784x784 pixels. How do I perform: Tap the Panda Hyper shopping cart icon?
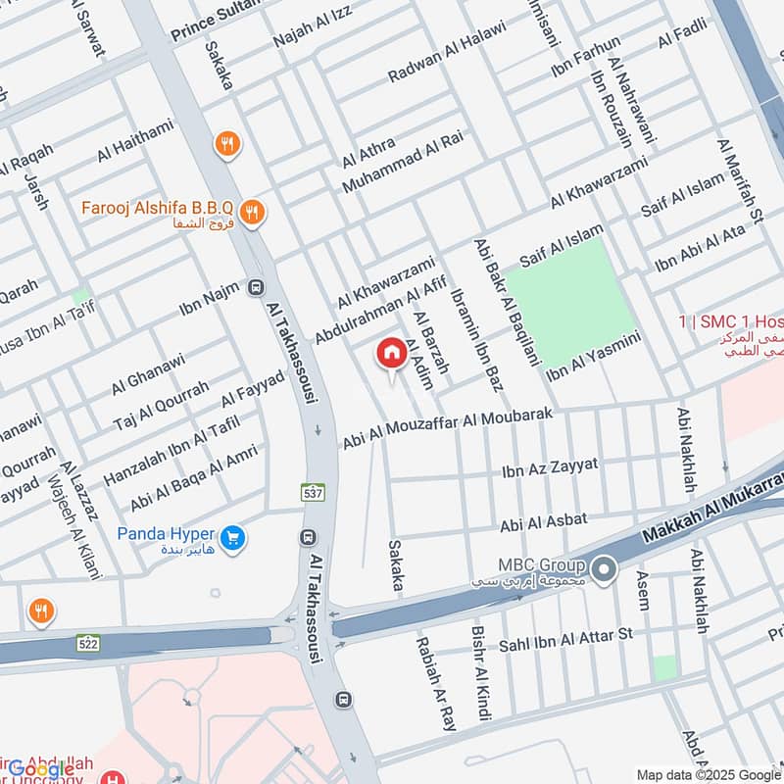233,537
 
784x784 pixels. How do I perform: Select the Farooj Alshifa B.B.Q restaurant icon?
253,211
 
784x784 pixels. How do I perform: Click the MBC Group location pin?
605,567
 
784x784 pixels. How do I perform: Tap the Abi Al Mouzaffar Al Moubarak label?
454,429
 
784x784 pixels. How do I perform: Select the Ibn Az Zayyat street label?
549,467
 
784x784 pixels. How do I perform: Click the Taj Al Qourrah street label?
160,406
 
